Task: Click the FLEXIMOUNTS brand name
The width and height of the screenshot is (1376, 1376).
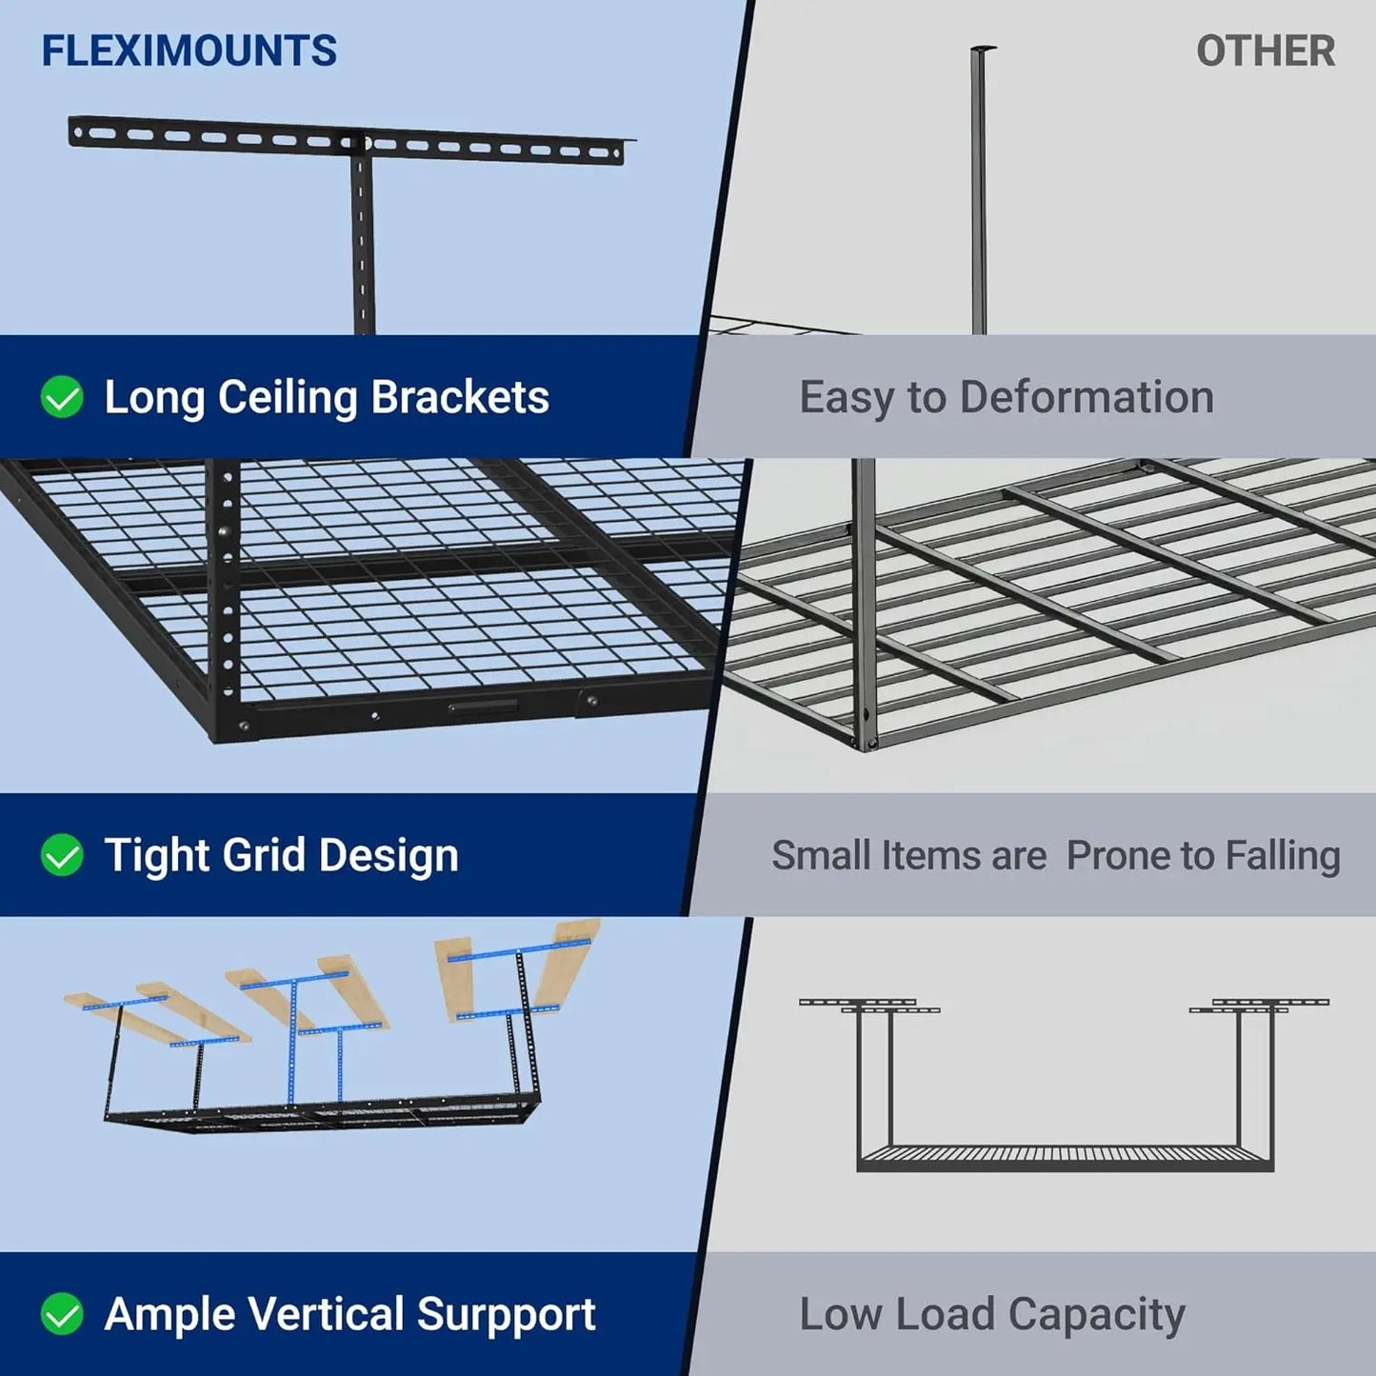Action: click(189, 51)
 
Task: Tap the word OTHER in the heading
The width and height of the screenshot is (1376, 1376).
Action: click(1265, 51)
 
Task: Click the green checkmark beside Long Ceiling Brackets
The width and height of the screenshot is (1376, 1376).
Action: click(62, 397)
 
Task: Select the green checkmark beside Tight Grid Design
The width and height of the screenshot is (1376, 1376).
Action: click(62, 855)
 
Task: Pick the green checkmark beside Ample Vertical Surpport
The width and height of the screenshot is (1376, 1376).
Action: click(62, 1314)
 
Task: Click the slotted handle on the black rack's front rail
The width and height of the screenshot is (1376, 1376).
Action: click(484, 707)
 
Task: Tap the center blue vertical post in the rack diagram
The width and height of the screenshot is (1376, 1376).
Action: click(293, 1043)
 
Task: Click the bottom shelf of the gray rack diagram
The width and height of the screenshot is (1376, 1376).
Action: click(1065, 1159)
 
